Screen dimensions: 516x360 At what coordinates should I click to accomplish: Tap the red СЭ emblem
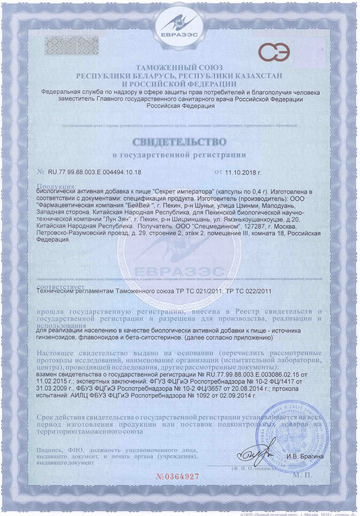[275, 52]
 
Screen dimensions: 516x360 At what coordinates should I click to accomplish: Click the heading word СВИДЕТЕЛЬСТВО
[179, 142]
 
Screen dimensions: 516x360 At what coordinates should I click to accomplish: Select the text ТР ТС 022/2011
[249, 291]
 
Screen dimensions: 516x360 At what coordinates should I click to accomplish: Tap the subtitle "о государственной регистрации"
[179, 155]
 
